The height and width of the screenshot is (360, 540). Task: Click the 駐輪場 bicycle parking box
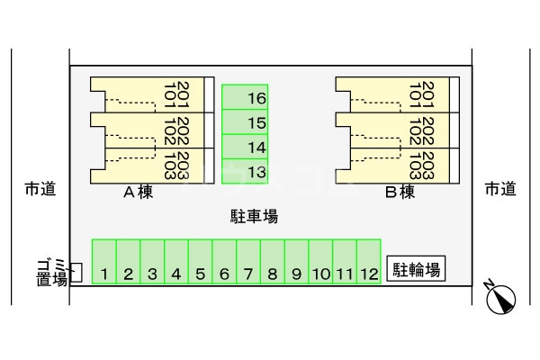coord(417,269)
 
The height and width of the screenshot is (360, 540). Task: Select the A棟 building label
coord(138,192)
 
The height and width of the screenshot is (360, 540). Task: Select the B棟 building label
coord(399,192)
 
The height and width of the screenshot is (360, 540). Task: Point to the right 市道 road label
coord(500,189)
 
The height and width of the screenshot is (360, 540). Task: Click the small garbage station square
coord(76,273)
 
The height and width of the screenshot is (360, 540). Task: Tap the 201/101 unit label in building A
coord(175,94)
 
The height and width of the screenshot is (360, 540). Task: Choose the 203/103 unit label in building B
coord(421,166)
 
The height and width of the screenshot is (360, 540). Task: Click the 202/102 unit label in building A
coord(175,130)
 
